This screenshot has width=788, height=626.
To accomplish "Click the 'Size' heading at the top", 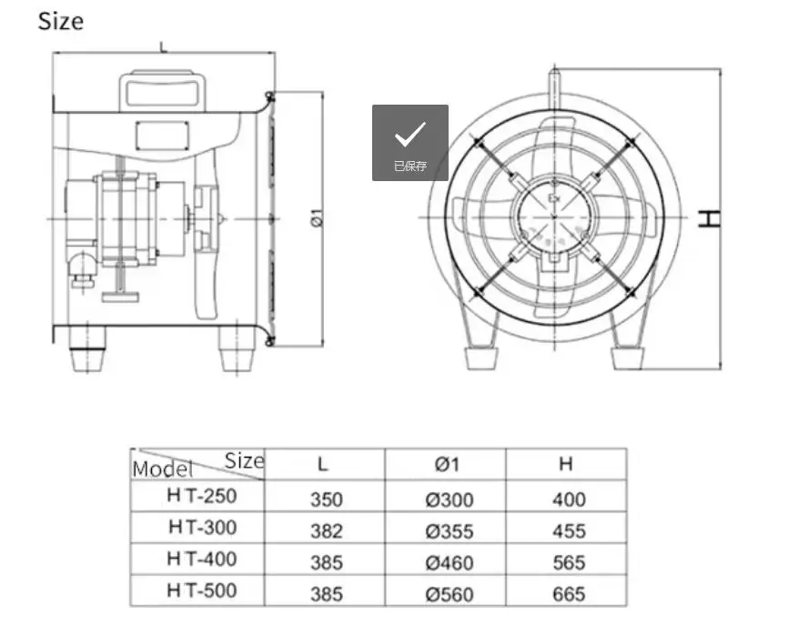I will [x=61, y=20].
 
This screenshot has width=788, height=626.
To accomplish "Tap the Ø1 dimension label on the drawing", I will [x=316, y=218].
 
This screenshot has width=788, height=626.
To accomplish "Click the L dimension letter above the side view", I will [x=163, y=45].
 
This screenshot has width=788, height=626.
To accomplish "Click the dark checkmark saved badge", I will [x=409, y=142].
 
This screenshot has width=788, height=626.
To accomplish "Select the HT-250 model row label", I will [x=201, y=495].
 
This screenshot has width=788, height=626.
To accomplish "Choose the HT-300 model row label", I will [x=201, y=527].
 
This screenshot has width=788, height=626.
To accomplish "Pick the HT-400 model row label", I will [x=201, y=559].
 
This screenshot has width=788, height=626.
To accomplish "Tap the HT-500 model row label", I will [x=201, y=591].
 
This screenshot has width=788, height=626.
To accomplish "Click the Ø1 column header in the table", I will [x=446, y=464].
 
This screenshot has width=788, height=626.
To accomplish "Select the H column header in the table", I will [x=566, y=464].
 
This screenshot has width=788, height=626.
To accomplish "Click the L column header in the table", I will [x=323, y=464].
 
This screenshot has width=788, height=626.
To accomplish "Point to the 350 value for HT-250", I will [x=326, y=500].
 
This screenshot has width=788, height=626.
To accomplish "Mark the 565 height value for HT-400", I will [x=569, y=563].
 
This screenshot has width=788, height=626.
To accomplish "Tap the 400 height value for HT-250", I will [x=569, y=500].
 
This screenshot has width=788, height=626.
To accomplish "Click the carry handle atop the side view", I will [x=164, y=91].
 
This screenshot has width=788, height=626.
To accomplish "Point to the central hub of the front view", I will [x=552, y=217].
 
